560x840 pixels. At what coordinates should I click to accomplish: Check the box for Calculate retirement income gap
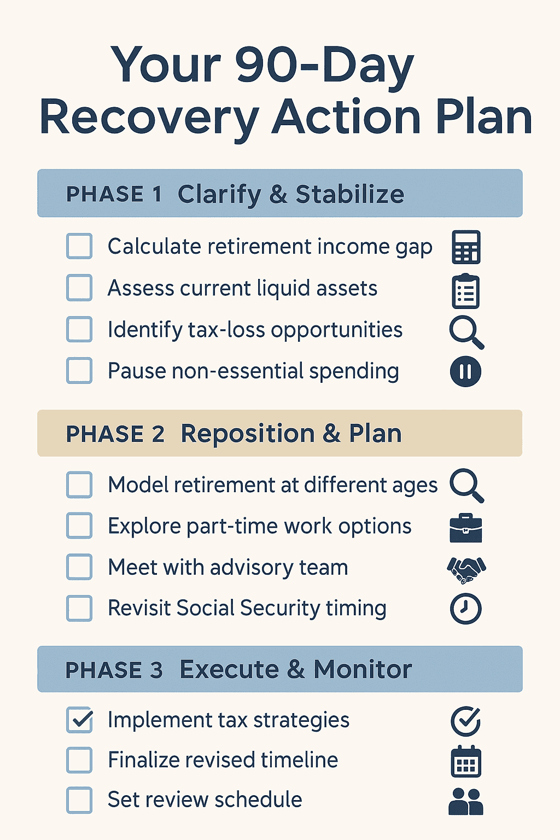click(x=79, y=246)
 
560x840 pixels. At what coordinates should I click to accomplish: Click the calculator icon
click(x=466, y=247)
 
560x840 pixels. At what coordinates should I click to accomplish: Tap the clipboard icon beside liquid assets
click(x=465, y=291)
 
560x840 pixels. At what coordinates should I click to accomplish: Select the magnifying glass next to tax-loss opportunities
click(x=466, y=333)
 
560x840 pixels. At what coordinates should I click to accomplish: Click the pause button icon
click(x=465, y=371)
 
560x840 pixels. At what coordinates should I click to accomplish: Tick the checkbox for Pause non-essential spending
click(x=79, y=370)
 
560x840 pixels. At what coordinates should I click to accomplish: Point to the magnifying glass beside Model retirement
click(x=466, y=485)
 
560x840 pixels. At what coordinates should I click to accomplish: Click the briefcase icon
click(x=465, y=528)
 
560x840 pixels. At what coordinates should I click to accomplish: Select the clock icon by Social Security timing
click(x=465, y=609)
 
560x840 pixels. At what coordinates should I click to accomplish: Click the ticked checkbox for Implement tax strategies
click(x=79, y=720)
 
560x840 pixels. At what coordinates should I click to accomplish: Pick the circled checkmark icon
click(x=465, y=721)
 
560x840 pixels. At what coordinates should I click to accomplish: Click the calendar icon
click(x=466, y=761)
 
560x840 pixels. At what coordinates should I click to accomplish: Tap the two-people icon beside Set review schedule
click(x=465, y=802)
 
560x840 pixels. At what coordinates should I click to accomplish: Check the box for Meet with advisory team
click(x=79, y=567)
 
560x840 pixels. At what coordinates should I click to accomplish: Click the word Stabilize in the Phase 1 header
click(x=350, y=194)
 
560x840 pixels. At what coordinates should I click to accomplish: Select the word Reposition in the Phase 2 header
click(x=248, y=434)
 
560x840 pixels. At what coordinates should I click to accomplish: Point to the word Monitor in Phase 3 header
click(x=363, y=669)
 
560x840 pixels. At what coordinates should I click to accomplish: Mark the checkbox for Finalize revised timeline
click(x=79, y=760)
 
